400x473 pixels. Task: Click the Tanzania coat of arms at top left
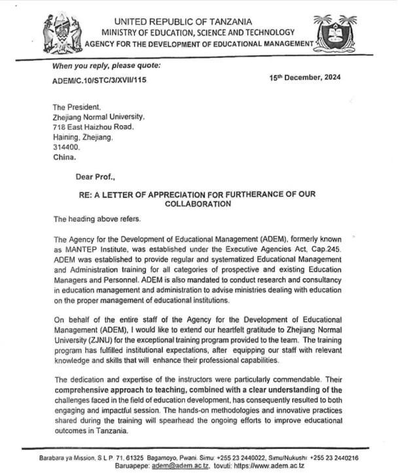click(62, 33)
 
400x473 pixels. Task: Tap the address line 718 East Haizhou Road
click(93, 127)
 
